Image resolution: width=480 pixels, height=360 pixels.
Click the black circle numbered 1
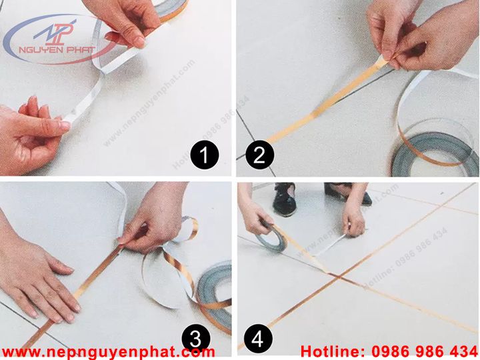(205, 155)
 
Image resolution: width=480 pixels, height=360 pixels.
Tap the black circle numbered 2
(259, 155)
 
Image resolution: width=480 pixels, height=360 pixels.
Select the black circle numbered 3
(196, 339)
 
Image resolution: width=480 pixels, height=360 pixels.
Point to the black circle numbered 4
(258, 339)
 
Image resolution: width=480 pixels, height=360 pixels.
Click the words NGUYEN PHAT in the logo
(57, 49)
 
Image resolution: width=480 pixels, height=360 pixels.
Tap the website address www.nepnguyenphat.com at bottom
(108, 352)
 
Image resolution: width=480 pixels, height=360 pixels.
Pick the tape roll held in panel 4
(271, 237)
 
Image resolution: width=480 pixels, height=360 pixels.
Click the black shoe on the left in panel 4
(285, 199)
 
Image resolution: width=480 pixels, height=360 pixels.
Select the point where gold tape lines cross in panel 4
(337, 277)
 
